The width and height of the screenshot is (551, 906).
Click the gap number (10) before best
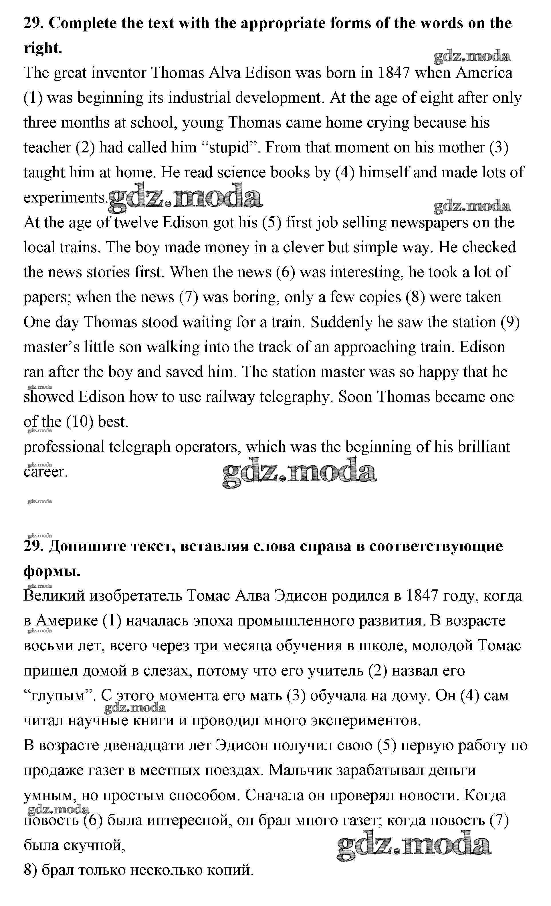point(79,422)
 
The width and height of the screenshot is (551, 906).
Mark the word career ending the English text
point(45,472)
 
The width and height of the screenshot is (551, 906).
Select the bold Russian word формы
point(51,571)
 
